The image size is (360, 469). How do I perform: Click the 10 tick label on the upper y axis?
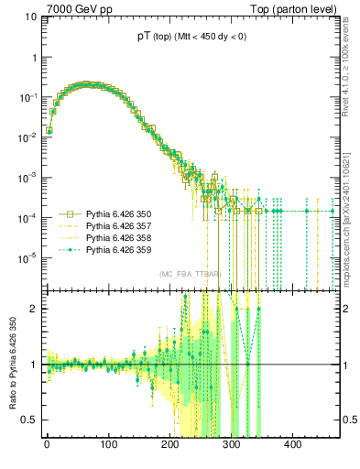[x=29, y=16]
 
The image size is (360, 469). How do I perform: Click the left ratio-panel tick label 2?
[x=35, y=309]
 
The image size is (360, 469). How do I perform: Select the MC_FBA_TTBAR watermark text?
[x=190, y=275]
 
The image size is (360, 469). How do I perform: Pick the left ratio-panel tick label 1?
[x=35, y=365]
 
